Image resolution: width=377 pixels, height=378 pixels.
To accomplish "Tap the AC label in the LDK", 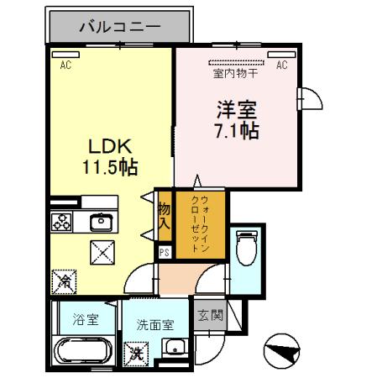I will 65,63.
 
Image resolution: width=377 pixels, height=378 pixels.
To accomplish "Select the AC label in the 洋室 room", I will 282,64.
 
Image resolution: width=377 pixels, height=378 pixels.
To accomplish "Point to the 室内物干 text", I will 235,73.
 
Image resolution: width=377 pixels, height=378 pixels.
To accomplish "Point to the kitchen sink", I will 101,223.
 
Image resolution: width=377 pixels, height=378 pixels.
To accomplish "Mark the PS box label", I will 165,249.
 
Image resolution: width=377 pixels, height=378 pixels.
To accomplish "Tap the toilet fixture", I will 245,249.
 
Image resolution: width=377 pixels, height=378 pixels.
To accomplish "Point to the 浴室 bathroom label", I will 86,320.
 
